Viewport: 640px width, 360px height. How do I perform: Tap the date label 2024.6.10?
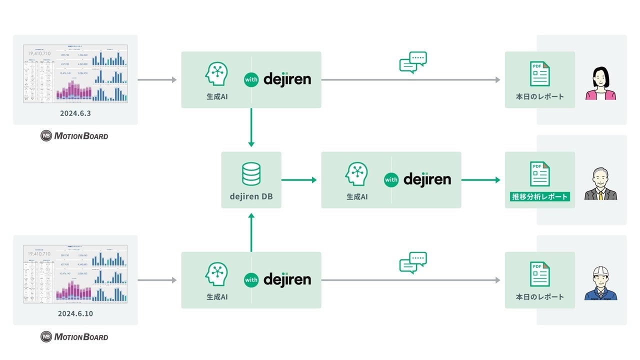click(75, 314)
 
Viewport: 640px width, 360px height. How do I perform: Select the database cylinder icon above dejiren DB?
click(251, 173)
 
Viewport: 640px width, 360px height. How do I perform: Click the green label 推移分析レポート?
click(540, 196)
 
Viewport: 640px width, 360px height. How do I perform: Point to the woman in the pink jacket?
click(600, 83)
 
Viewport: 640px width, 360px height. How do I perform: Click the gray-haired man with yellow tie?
click(600, 184)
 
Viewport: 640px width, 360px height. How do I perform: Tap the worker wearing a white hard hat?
click(600, 283)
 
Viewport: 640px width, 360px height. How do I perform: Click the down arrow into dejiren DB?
click(251, 127)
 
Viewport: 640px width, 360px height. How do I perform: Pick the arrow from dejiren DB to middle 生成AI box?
click(299, 180)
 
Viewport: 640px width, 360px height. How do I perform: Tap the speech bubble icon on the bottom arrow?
click(413, 262)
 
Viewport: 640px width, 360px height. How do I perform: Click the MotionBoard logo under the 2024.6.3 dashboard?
click(74, 135)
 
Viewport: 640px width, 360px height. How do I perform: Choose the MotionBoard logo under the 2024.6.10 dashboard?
click(74, 336)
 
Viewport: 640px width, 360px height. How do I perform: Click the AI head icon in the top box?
click(217, 74)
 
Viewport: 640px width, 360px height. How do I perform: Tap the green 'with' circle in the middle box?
click(391, 180)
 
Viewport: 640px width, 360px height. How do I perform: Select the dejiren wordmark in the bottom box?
click(287, 279)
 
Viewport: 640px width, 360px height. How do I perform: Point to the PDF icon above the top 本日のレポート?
click(540, 74)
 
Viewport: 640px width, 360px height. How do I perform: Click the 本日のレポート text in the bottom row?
click(540, 297)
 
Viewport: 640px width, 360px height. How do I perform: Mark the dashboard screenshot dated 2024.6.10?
click(75, 274)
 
